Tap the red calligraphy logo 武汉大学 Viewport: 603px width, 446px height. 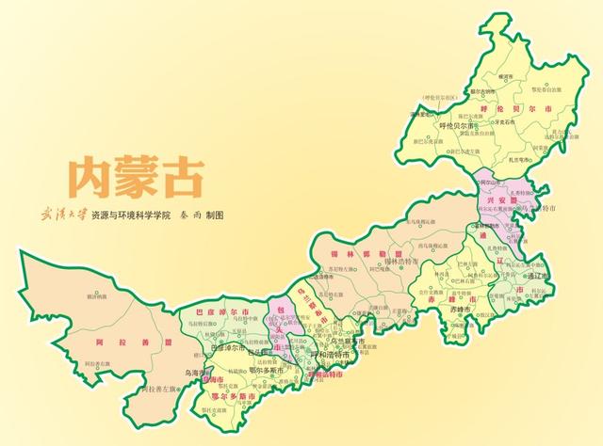(x=62, y=215)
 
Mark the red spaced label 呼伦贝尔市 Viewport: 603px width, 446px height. (x=498, y=108)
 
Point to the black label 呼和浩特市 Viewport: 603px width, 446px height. (x=330, y=354)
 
